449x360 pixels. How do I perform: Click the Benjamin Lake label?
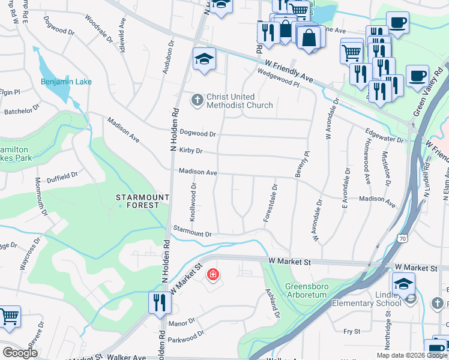coord(66,82)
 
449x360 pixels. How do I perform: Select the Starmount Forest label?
coord(138,201)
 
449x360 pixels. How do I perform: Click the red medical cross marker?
coord(212,275)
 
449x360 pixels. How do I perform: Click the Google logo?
coord(20,353)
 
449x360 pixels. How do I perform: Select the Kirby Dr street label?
coord(190,151)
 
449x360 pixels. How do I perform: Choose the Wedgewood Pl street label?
coord(278,79)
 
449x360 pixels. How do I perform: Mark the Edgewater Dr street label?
coord(384,135)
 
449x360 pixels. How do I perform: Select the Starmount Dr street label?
coord(192,231)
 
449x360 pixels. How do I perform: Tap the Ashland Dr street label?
coord(273,303)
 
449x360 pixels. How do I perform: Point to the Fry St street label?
coord(351,331)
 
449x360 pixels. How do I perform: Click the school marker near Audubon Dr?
coord(204,60)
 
